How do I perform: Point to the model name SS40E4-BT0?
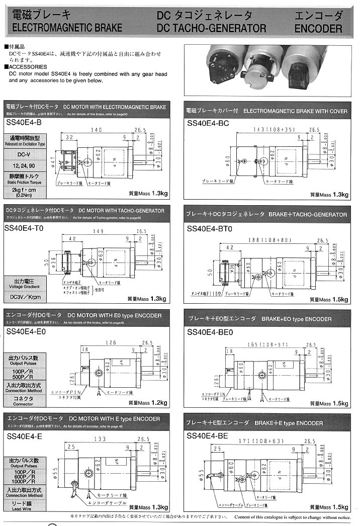click(x=210, y=228)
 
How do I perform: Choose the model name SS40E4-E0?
click(x=25, y=331)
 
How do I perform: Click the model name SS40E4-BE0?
click(x=210, y=332)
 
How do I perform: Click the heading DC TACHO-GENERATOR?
click(x=211, y=29)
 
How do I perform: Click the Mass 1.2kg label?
click(x=148, y=402)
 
